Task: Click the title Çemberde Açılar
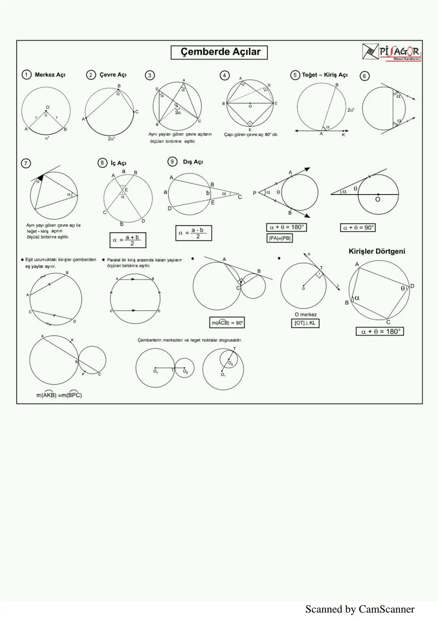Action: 219,52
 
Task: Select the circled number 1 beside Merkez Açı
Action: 26,75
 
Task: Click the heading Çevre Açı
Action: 113,75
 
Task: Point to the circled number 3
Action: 150,75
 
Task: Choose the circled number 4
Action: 224,75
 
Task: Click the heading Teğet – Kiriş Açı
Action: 324,75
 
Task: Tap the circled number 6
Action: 365,76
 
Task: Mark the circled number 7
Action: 26,164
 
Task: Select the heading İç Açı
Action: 118,163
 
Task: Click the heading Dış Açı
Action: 193,162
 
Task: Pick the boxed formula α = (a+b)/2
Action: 128,240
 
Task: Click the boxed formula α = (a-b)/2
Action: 193,233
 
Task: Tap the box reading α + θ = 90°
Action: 358,228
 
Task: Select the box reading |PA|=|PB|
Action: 280,238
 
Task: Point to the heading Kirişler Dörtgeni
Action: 377,252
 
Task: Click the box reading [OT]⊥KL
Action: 305,323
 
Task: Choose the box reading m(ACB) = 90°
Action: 227,323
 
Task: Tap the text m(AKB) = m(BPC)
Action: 59,395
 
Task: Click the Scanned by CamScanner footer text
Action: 360,609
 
